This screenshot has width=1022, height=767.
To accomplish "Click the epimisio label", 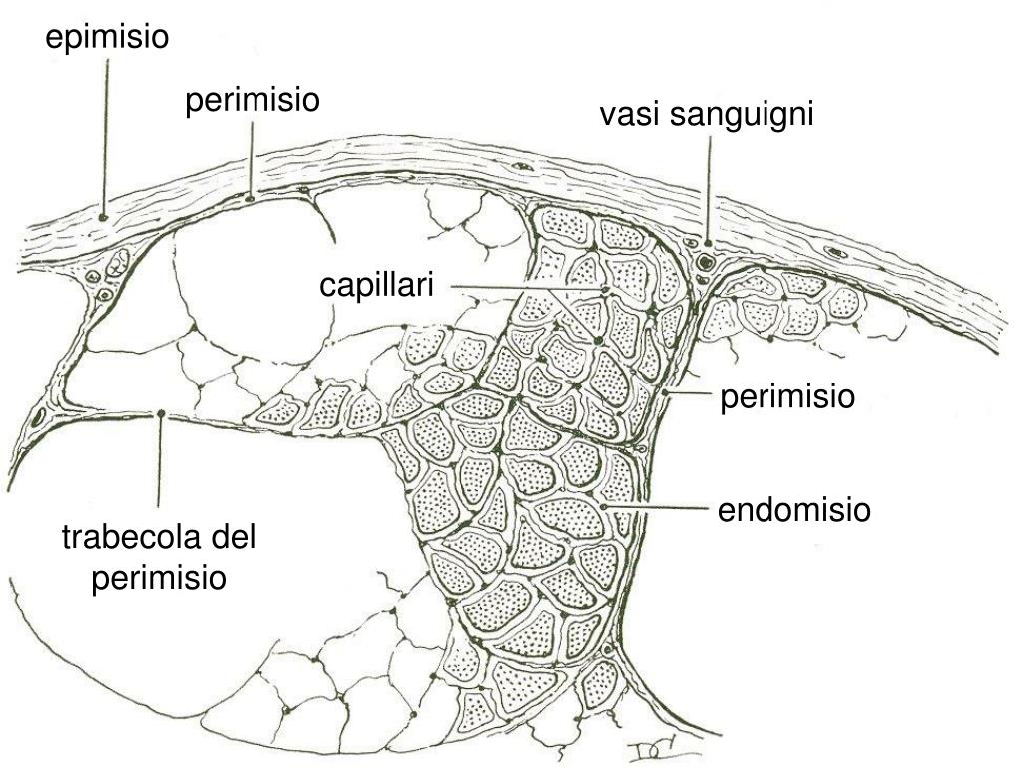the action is coord(108,38).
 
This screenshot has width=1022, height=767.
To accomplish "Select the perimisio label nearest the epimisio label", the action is coord(252,101).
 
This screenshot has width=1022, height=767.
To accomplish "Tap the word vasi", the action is coord(630,116).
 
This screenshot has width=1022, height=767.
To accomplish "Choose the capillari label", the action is coord(377,286).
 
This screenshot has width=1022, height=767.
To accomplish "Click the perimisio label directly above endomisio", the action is coord(787,397).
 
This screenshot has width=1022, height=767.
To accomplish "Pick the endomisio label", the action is coord(793,511).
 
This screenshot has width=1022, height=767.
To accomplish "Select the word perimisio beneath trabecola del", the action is coord(160,578).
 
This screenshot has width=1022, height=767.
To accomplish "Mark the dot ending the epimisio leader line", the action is coord(103,216).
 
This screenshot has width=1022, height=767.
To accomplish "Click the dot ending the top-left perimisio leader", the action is coord(251,197).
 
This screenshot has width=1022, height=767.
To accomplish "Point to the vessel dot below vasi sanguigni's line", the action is coord(707,242).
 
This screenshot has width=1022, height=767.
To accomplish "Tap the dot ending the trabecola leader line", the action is coord(161,412).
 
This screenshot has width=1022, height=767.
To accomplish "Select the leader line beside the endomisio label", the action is coord(664,509).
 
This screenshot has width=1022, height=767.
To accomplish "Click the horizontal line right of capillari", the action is coord(519,288).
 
